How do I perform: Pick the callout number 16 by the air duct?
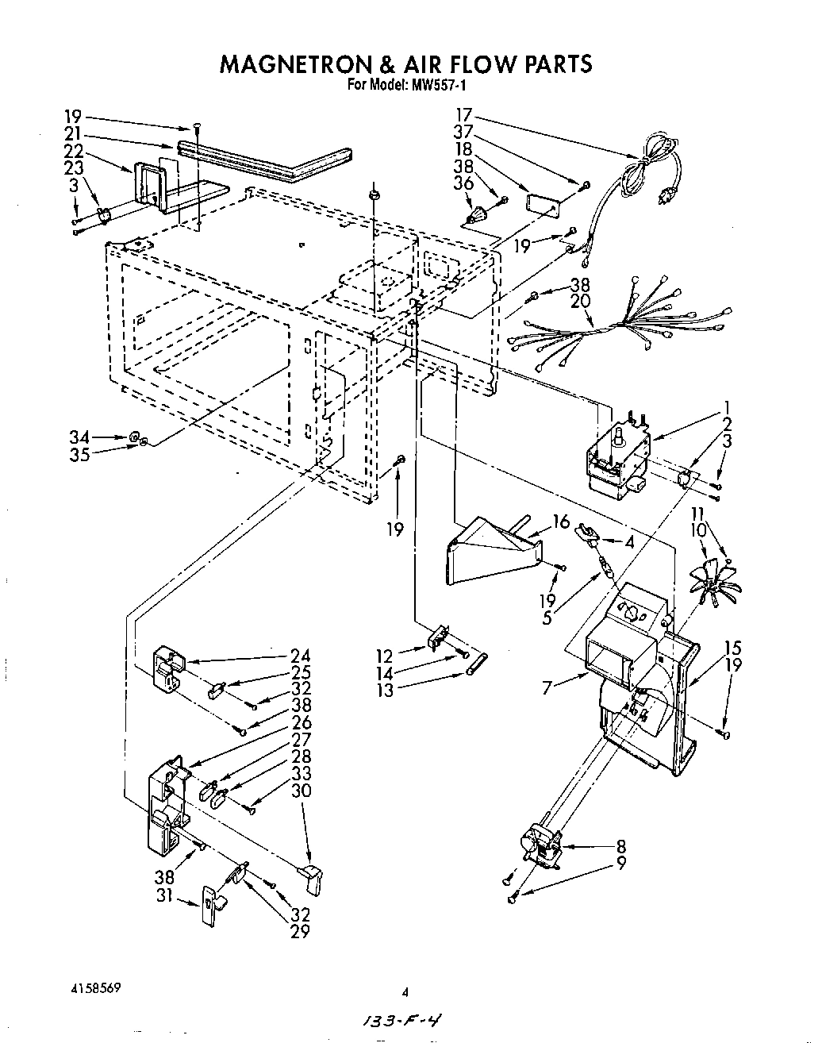click(x=562, y=521)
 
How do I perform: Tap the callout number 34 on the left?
click(x=79, y=437)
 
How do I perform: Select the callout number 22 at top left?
click(x=74, y=151)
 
